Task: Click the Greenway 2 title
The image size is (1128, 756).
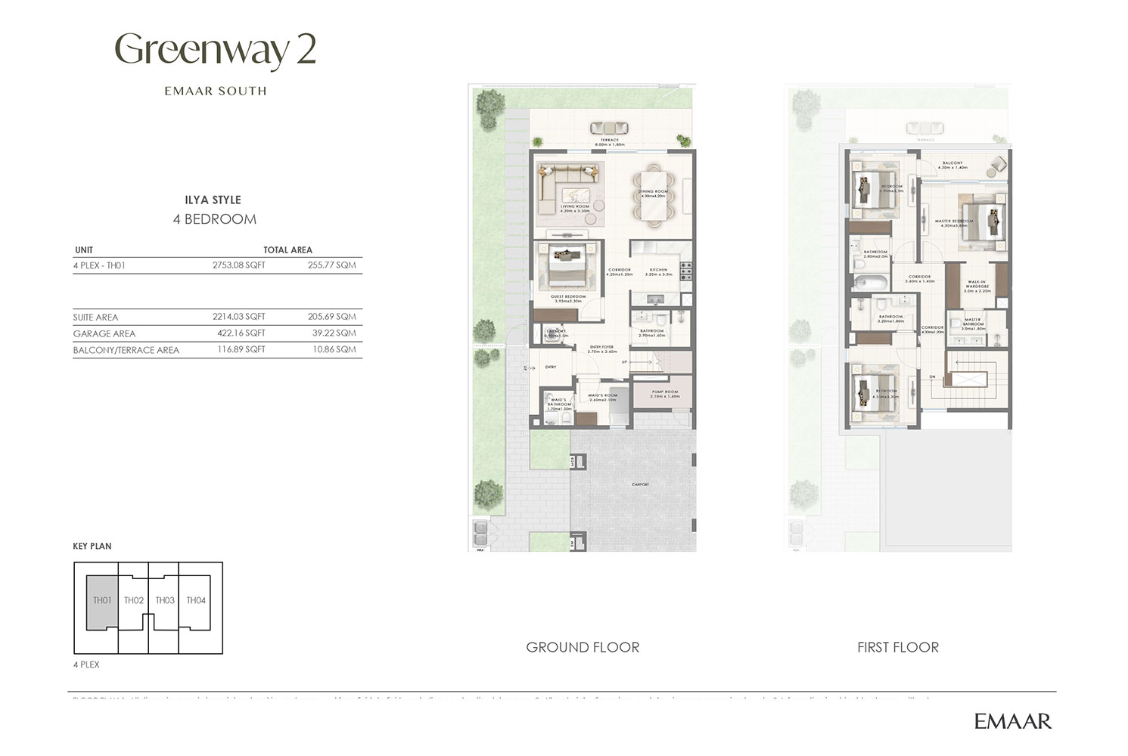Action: click(x=215, y=51)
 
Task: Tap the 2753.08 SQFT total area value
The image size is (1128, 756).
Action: click(x=238, y=265)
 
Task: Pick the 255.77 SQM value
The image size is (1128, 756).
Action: click(x=331, y=265)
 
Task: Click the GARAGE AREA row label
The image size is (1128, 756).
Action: click(x=104, y=333)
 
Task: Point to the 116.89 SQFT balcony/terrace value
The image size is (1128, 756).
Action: click(x=238, y=350)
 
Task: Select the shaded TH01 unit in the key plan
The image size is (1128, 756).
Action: click(x=102, y=601)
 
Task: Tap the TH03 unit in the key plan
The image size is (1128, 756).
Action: click(x=165, y=601)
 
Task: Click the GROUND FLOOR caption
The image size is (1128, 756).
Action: click(x=583, y=648)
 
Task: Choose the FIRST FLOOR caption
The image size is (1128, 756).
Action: click(x=898, y=648)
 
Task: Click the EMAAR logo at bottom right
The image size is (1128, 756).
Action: click(x=1012, y=721)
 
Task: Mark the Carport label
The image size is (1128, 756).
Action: click(x=640, y=485)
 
